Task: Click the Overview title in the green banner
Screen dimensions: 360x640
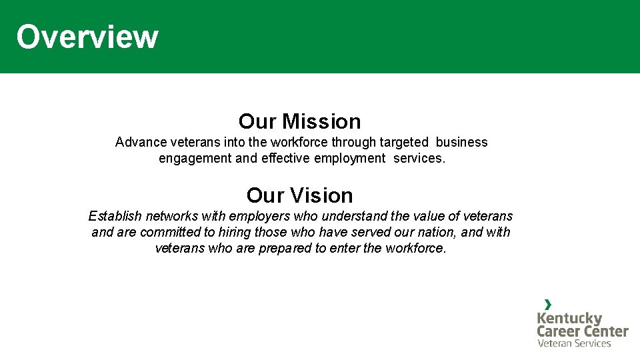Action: tap(87, 37)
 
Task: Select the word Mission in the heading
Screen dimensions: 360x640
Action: tap(321, 121)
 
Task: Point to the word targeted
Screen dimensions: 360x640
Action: tap(404, 142)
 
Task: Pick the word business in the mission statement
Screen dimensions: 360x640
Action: tap(461, 142)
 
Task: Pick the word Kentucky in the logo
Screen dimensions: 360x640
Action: tap(569, 318)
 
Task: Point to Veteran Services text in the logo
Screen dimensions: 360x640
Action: tap(574, 343)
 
